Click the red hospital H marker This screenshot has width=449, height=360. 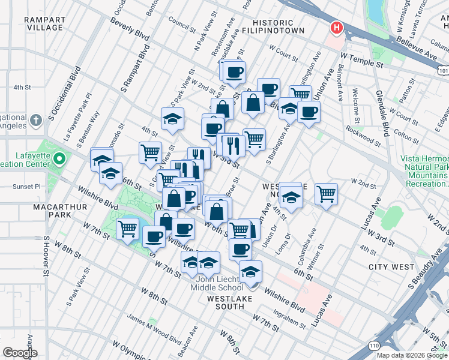[337, 28]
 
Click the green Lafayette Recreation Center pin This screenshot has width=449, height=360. [59, 159]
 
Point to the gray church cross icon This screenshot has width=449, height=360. [36, 120]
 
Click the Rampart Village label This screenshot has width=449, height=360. [44, 23]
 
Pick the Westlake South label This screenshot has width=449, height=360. [225, 302]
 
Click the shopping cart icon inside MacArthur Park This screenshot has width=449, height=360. [128, 228]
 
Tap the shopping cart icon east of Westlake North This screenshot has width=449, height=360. [326, 193]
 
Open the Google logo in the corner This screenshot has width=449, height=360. [20, 353]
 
